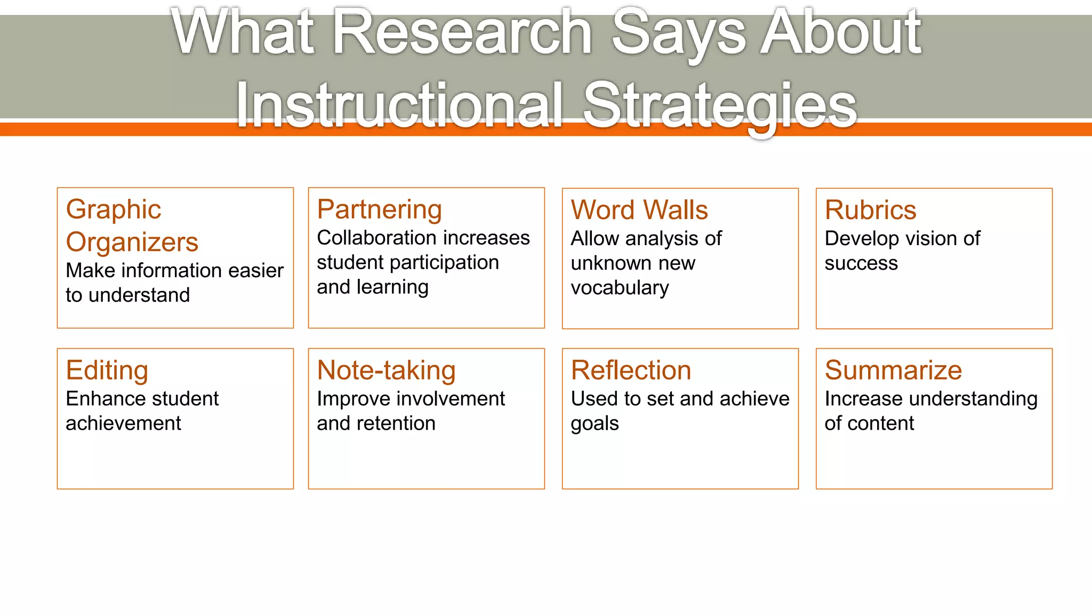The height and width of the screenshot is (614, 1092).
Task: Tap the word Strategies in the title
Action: click(720, 106)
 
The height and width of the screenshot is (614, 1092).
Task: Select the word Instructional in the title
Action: click(399, 106)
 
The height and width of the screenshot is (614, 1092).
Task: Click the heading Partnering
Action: click(379, 209)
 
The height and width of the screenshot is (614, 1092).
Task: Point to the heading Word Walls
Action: click(639, 210)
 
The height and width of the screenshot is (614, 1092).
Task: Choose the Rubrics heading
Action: click(870, 210)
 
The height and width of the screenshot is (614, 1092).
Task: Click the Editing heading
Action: click(107, 370)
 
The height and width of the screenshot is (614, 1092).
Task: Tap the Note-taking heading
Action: click(386, 370)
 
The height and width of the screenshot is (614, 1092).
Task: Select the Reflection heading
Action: click(631, 370)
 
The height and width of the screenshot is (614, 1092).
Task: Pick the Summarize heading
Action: click(893, 370)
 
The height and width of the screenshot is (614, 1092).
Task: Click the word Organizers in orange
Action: click(132, 243)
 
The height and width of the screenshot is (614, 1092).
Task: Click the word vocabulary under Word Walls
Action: click(620, 288)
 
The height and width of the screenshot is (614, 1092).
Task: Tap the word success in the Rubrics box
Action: click(861, 263)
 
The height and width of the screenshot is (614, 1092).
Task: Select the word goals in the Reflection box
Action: click(595, 424)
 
